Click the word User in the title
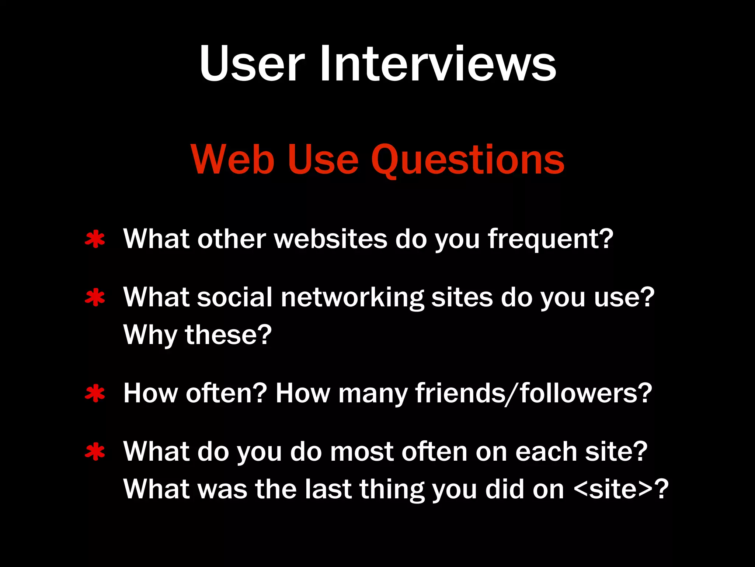pyautogui.click(x=252, y=63)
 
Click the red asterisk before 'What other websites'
pyautogui.click(x=95, y=240)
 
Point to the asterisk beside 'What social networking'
pyautogui.click(x=95, y=298)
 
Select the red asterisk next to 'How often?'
pyautogui.click(x=95, y=394)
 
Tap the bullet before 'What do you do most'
pyautogui.click(x=95, y=452)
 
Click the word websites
pyautogui.click(x=331, y=239)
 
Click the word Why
pyautogui.click(x=150, y=335)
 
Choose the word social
pyautogui.click(x=234, y=298)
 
